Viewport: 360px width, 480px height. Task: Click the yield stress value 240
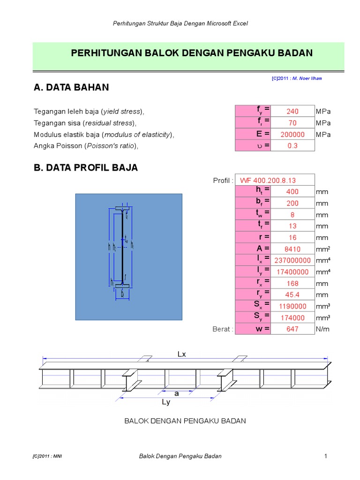(x=292, y=112)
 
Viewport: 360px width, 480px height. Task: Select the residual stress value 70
(x=292, y=123)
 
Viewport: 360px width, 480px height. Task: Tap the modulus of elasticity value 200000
(x=292, y=135)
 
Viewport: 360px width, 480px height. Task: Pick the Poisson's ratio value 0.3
(x=292, y=146)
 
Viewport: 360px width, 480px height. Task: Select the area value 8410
(x=292, y=249)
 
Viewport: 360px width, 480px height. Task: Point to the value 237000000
(x=292, y=261)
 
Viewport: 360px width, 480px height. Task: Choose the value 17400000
(x=292, y=272)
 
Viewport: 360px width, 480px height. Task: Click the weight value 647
(x=292, y=329)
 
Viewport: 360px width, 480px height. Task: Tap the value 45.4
(x=292, y=295)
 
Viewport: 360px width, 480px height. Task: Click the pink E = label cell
(x=253, y=134)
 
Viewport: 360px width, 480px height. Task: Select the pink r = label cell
(x=253, y=237)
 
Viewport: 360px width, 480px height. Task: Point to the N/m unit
(x=323, y=329)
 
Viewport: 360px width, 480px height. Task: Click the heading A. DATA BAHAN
(x=71, y=87)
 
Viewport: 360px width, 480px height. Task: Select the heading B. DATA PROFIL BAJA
(x=86, y=168)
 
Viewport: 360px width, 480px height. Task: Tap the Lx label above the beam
(x=182, y=354)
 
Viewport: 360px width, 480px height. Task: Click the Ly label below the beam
(x=166, y=402)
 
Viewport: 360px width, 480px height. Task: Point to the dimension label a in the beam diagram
(x=177, y=394)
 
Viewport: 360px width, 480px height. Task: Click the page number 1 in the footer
(x=324, y=456)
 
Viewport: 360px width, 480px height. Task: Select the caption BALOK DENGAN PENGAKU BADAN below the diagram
(x=185, y=421)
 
